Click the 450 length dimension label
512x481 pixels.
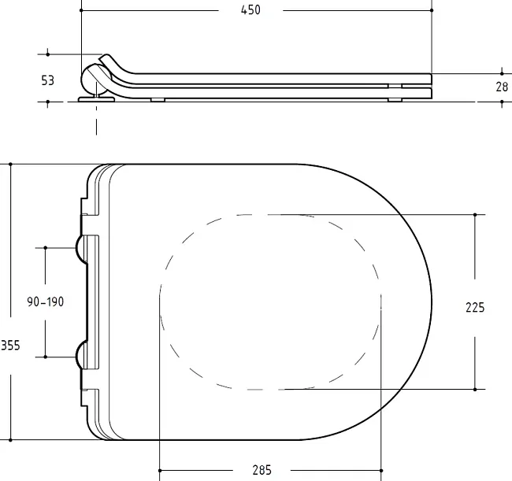(x=250, y=10)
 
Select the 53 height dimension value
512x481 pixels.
(x=48, y=80)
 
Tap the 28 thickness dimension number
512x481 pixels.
(x=502, y=87)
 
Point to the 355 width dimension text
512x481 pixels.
(x=10, y=346)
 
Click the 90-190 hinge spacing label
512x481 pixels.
(x=46, y=302)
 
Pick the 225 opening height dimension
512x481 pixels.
(x=475, y=308)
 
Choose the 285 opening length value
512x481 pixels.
(x=262, y=470)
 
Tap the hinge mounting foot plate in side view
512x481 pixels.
(x=96, y=99)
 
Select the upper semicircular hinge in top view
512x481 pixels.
(x=81, y=249)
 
